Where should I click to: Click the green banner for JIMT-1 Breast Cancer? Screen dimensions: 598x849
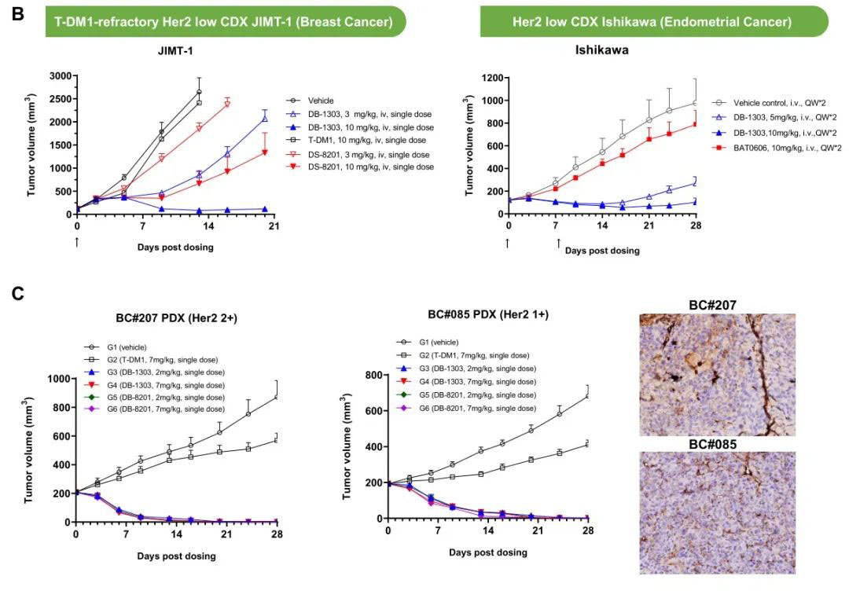[224, 22]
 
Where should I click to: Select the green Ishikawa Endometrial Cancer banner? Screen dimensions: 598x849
[654, 22]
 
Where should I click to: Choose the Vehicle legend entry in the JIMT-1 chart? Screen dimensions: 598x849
[322, 101]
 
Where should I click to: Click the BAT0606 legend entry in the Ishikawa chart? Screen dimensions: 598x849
[786, 147]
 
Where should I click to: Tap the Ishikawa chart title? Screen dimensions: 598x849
[601, 50]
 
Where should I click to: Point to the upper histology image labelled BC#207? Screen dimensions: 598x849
[717, 374]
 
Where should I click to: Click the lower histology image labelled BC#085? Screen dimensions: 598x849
[717, 512]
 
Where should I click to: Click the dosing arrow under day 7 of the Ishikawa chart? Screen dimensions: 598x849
[559, 243]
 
